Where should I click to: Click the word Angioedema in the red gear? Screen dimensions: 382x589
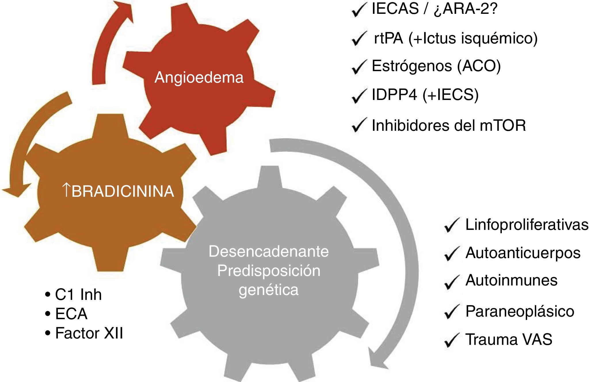click(x=199, y=77)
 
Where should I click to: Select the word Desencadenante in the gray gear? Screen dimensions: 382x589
click(x=268, y=251)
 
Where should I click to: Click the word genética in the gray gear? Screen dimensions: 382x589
click(x=268, y=290)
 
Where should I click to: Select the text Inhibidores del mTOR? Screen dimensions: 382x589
click(x=449, y=125)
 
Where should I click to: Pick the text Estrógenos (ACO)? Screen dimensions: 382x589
click(x=436, y=66)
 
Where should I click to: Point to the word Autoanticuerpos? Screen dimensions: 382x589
click(x=523, y=253)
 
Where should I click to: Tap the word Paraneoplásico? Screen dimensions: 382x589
click(x=520, y=311)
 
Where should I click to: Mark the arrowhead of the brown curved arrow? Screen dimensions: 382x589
click(x=16, y=190)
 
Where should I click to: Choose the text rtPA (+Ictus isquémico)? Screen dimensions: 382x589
click(x=455, y=38)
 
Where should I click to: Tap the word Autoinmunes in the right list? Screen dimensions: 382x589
click(x=511, y=280)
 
